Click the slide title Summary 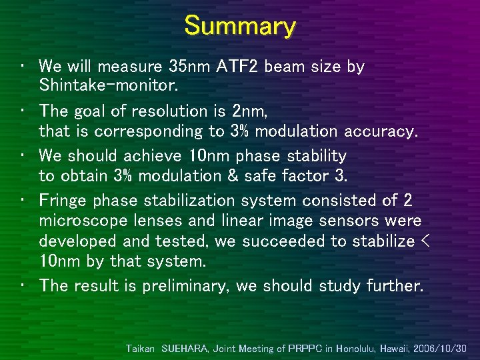(x=240, y=27)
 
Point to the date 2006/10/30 (x=440, y=348)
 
